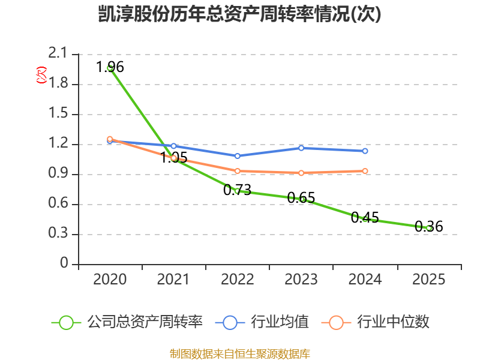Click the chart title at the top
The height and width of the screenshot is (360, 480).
tap(239, 14)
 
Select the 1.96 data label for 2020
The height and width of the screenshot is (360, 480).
tap(110, 67)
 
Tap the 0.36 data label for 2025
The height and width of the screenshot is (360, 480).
tap(429, 227)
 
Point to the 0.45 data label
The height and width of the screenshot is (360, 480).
tap(365, 218)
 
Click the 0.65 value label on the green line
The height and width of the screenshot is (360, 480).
tap(301, 198)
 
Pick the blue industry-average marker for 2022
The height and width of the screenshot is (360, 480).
tap(237, 156)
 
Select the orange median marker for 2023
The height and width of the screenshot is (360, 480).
tap(301, 173)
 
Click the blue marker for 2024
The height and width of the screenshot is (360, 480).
tap(365, 151)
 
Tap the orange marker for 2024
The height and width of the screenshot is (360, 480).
tap(365, 171)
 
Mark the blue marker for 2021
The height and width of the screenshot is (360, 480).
tap(173, 146)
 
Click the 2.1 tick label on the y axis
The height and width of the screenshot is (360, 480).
tap(58, 53)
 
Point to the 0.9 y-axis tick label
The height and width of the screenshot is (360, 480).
tap(58, 173)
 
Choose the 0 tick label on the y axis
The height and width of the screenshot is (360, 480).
tap(64, 263)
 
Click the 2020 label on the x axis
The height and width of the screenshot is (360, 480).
tap(110, 280)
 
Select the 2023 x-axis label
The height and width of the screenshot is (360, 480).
tap(301, 280)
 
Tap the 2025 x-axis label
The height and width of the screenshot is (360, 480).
tap(429, 280)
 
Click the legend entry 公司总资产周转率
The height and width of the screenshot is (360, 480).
tap(127, 322)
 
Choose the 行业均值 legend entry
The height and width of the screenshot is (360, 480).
tap(262, 322)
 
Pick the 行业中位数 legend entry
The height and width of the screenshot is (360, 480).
tap(376, 322)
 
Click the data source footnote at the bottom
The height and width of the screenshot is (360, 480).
tap(240, 354)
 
